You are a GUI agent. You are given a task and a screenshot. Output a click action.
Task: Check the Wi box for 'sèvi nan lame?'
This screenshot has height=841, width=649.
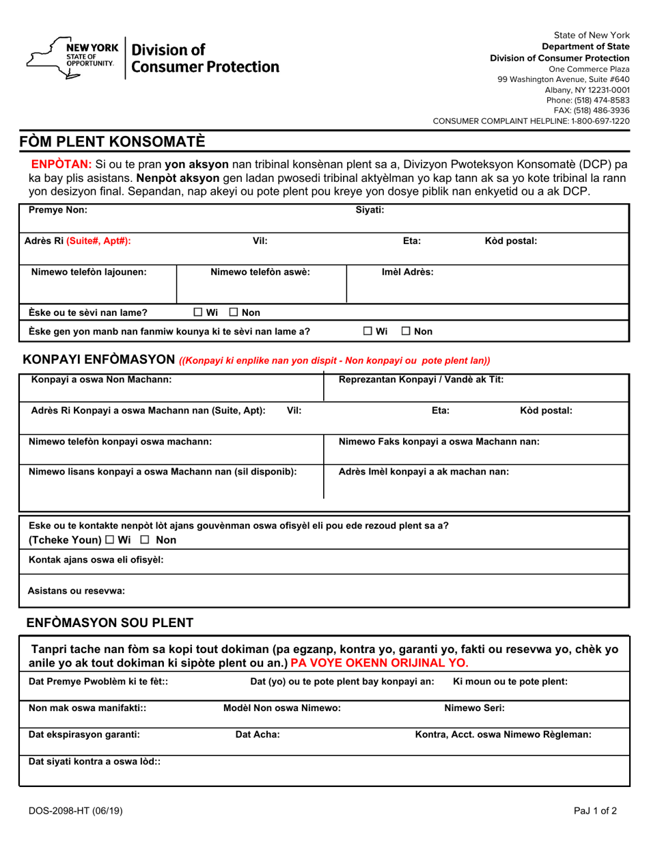tap(198, 312)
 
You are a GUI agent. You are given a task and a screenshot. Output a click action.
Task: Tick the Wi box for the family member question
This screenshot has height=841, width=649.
tap(368, 332)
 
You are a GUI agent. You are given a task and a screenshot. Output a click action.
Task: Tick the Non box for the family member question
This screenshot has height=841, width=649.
tap(405, 332)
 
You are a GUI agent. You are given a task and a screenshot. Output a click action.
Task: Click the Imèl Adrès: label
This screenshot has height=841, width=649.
tap(407, 271)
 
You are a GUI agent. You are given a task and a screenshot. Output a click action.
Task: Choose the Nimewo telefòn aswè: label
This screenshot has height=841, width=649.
tap(260, 271)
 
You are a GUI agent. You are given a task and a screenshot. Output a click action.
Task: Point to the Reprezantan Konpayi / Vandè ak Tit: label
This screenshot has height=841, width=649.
tap(422, 379)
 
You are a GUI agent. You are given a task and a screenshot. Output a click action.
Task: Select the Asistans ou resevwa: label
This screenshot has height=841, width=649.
tap(77, 591)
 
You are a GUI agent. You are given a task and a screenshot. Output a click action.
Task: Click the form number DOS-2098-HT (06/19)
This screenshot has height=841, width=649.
tap(76, 812)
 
